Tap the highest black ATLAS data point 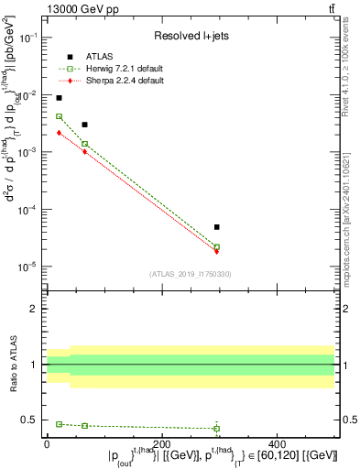click(x=59, y=98)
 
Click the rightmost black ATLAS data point click(x=217, y=226)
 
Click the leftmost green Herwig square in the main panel click(x=59, y=116)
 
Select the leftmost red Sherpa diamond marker click(x=59, y=133)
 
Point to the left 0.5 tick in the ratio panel click(x=34, y=420)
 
